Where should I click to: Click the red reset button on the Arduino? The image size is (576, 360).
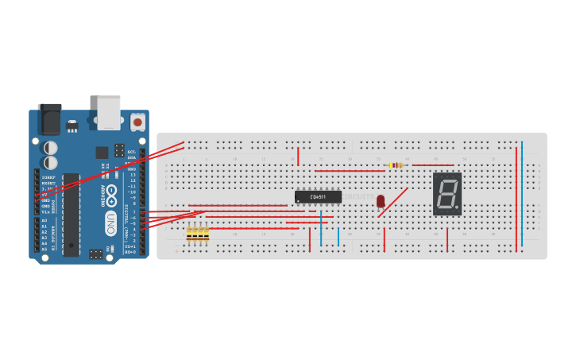tap(137, 122)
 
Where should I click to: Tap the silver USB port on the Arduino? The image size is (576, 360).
tap(109, 111)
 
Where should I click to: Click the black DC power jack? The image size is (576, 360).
tap(49, 119)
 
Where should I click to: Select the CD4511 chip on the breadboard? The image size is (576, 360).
tap(318, 196)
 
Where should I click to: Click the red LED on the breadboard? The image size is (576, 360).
tap(381, 201)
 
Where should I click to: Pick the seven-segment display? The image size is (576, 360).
tap(447, 193)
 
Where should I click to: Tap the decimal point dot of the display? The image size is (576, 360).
tap(457, 208)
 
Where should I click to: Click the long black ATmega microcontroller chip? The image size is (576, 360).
tap(72, 215)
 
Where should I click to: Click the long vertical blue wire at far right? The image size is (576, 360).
tap(522, 195)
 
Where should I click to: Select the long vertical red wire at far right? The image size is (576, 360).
tap(516, 199)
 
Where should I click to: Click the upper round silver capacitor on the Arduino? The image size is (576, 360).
tap(50, 148)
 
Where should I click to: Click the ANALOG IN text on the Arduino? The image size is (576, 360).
tap(54, 236)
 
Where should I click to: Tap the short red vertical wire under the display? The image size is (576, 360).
tap(447, 239)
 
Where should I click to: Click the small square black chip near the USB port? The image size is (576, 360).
tap(102, 153)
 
